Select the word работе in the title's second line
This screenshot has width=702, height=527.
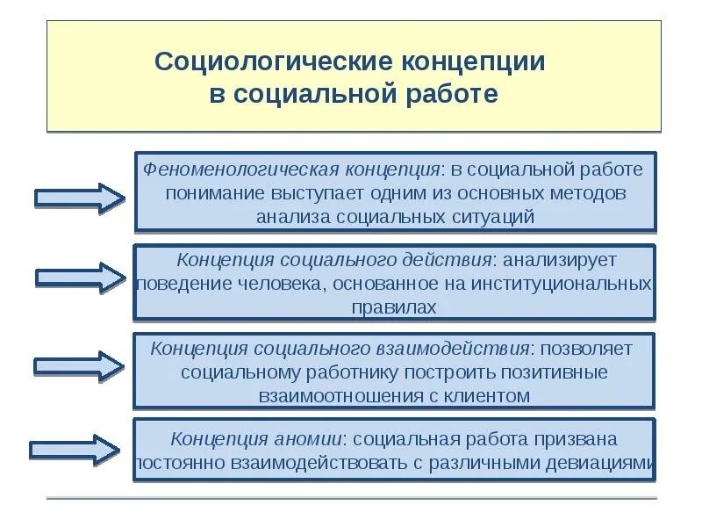coord(456,94)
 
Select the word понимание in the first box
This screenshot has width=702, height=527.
coord(207,193)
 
